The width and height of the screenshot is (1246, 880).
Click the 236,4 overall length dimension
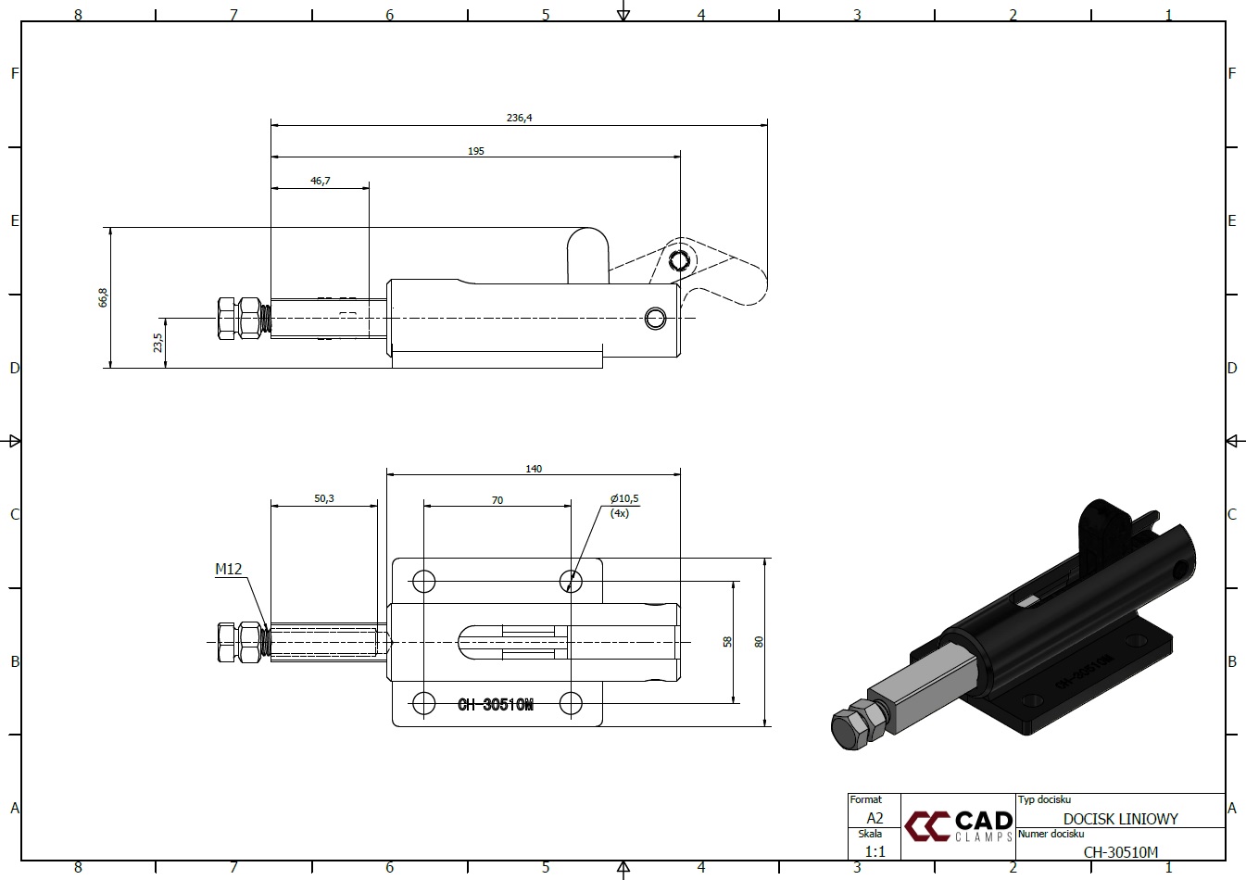(x=519, y=118)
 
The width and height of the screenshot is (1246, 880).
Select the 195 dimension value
(x=476, y=151)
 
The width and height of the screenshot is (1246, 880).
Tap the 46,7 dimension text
(x=321, y=181)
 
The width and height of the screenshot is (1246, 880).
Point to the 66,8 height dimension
(x=103, y=297)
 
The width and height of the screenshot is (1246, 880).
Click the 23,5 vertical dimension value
(x=158, y=343)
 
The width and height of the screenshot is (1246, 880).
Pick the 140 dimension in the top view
(x=534, y=469)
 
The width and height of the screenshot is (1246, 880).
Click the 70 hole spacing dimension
(x=497, y=500)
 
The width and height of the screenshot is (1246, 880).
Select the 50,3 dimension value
(x=324, y=498)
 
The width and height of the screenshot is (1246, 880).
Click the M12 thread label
(x=229, y=569)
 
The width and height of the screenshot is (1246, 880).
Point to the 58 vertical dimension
(x=727, y=642)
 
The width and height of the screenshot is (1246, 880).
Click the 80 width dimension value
(x=759, y=642)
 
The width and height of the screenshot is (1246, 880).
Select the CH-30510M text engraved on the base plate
(x=495, y=705)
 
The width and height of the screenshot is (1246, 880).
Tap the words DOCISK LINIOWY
(x=1120, y=819)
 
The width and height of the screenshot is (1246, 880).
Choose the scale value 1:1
(x=875, y=851)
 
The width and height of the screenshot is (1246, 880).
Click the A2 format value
(x=875, y=818)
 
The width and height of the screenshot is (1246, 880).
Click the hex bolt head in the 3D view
(x=851, y=729)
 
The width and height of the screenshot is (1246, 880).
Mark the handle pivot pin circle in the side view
(x=679, y=259)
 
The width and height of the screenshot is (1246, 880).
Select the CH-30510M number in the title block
(x=1120, y=852)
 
